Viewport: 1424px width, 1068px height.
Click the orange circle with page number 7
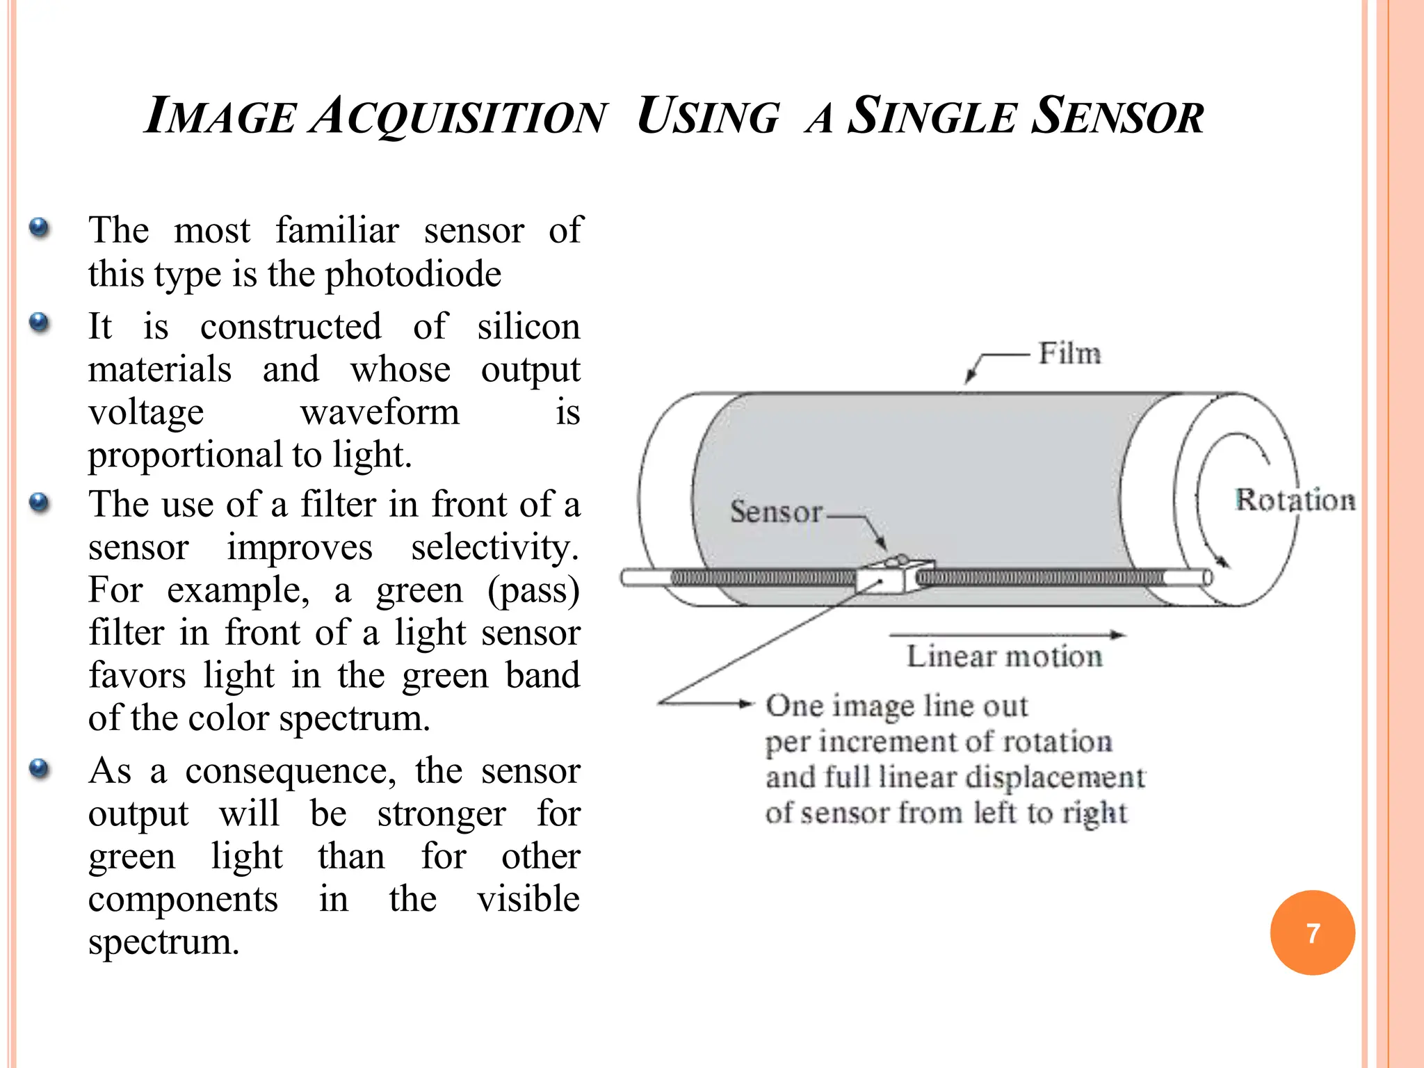coord(1312,932)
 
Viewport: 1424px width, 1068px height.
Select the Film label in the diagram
coord(1069,354)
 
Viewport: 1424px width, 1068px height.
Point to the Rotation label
coord(1295,500)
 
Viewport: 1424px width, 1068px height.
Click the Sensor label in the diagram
coord(776,512)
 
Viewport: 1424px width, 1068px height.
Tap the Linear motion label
coord(1005,656)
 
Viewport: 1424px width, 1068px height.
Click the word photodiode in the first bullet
coord(413,274)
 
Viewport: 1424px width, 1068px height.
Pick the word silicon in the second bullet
coord(528,327)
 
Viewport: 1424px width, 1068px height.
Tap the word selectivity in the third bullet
coord(494,548)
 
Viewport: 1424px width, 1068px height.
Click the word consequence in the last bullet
coord(291,771)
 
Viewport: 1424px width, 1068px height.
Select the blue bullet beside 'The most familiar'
coord(40,228)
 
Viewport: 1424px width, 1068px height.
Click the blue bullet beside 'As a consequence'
coord(40,768)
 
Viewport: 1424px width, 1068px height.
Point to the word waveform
coord(380,412)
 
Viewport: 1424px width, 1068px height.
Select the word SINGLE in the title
coord(932,115)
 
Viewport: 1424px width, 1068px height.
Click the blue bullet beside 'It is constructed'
coord(40,323)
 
